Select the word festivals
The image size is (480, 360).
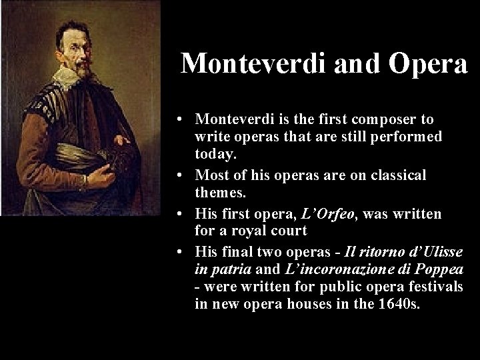point(433,287)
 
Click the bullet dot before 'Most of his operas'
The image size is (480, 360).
point(182,175)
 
